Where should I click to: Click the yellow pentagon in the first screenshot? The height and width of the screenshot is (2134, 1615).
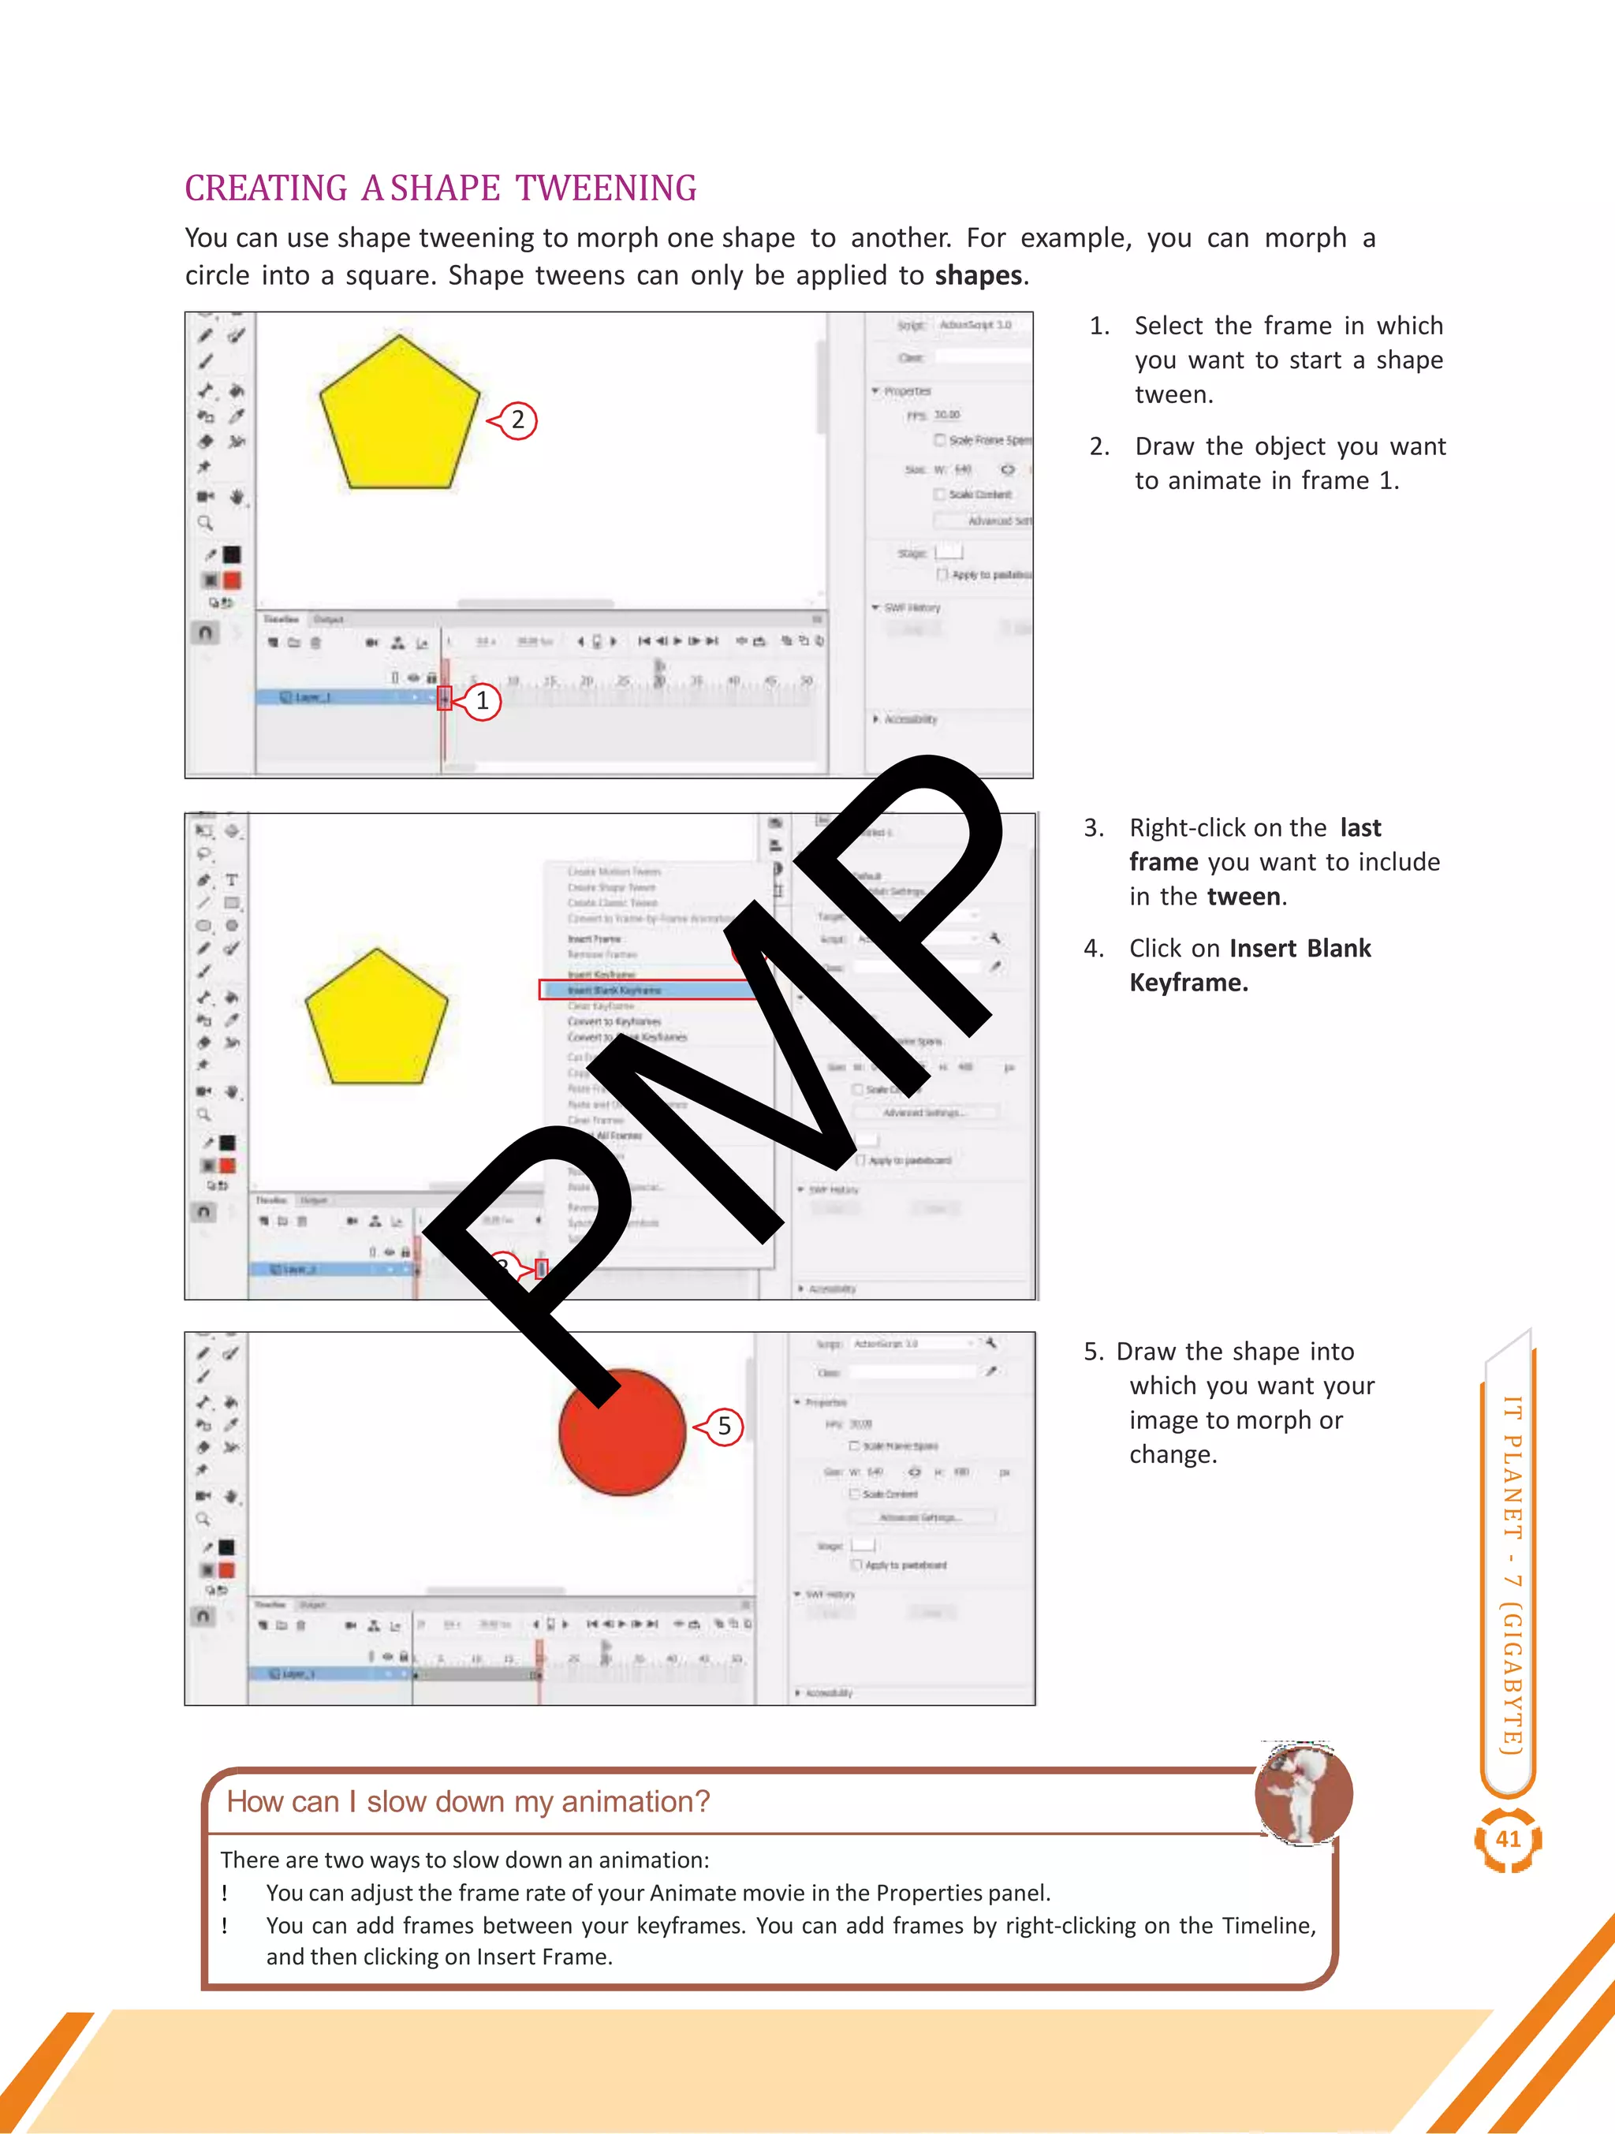point(399,416)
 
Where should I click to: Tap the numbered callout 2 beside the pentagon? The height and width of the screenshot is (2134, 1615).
point(517,420)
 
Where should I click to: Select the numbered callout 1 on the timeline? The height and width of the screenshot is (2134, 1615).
point(481,701)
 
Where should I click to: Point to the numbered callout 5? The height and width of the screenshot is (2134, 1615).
point(724,1427)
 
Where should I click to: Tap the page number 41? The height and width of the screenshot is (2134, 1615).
point(1508,1839)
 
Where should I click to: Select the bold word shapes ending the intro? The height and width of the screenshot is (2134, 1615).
point(977,276)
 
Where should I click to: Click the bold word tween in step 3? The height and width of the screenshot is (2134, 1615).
point(1244,897)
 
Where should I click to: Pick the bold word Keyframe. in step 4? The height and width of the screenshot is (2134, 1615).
point(1188,983)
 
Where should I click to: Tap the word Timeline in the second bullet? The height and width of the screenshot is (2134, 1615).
point(1266,1926)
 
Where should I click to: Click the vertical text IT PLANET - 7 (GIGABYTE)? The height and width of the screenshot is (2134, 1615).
point(1511,1573)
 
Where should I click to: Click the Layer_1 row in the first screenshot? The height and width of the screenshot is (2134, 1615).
point(338,697)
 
